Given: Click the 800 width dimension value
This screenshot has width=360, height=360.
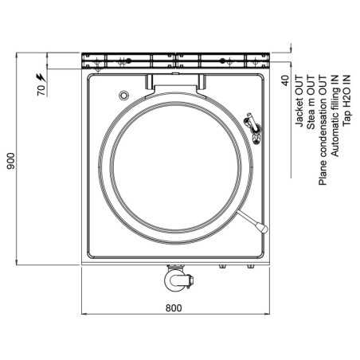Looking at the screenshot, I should [174, 307].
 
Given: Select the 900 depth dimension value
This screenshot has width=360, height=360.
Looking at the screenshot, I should [10, 162].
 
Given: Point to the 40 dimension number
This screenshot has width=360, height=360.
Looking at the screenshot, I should [284, 80].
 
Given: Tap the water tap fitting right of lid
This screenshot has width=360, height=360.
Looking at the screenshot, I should [253, 127].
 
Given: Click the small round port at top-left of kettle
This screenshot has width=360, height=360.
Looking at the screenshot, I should [123, 96].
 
